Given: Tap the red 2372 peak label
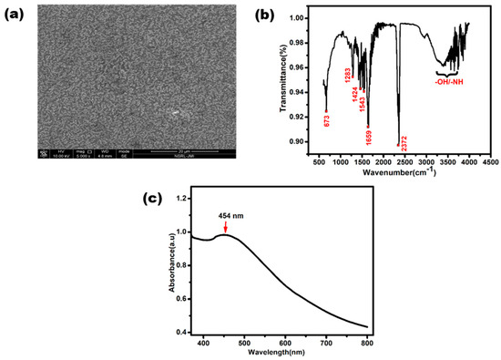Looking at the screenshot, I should click(404, 143).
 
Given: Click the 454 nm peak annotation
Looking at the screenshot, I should click(228, 216).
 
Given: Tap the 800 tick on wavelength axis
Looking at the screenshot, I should click(366, 342).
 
